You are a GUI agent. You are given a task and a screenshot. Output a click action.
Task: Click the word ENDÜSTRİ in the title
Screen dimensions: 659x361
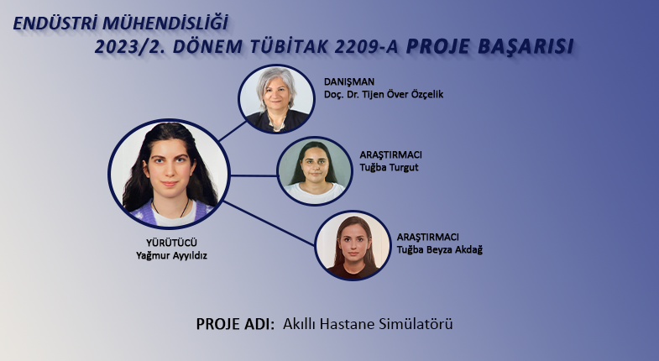[x=55, y=24]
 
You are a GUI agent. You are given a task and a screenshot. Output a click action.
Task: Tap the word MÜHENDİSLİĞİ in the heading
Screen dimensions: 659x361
[x=165, y=24]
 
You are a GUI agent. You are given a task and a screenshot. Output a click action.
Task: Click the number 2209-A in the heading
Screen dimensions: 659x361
[x=367, y=47]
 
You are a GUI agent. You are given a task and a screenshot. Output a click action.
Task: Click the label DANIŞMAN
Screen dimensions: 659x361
[x=349, y=81]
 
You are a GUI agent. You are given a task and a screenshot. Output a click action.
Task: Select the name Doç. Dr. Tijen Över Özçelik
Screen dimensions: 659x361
[x=384, y=94]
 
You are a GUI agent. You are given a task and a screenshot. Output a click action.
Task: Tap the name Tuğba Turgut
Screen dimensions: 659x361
[x=389, y=167]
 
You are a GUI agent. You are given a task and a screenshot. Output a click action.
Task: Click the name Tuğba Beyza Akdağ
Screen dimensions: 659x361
[x=440, y=249]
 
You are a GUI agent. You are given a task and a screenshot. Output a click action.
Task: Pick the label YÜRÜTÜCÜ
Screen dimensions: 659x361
[x=171, y=243]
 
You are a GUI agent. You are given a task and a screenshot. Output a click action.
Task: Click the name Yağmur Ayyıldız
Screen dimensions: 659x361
[x=171, y=255]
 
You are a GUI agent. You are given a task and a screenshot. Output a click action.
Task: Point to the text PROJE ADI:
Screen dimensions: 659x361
[x=235, y=324]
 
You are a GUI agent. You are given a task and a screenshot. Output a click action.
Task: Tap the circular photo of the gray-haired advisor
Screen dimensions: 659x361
[x=276, y=99]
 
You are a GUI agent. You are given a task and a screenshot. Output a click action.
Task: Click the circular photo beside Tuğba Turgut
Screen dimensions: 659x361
[x=314, y=171]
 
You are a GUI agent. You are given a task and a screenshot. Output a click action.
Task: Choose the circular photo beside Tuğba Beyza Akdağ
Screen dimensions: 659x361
[x=353, y=245]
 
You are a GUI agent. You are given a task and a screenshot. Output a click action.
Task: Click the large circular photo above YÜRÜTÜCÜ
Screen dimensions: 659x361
[x=169, y=174]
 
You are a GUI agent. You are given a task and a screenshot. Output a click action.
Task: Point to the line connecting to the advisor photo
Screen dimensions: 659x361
[x=233, y=131]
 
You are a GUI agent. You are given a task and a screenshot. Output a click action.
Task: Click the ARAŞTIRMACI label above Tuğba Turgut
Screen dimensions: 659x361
[x=390, y=154]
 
